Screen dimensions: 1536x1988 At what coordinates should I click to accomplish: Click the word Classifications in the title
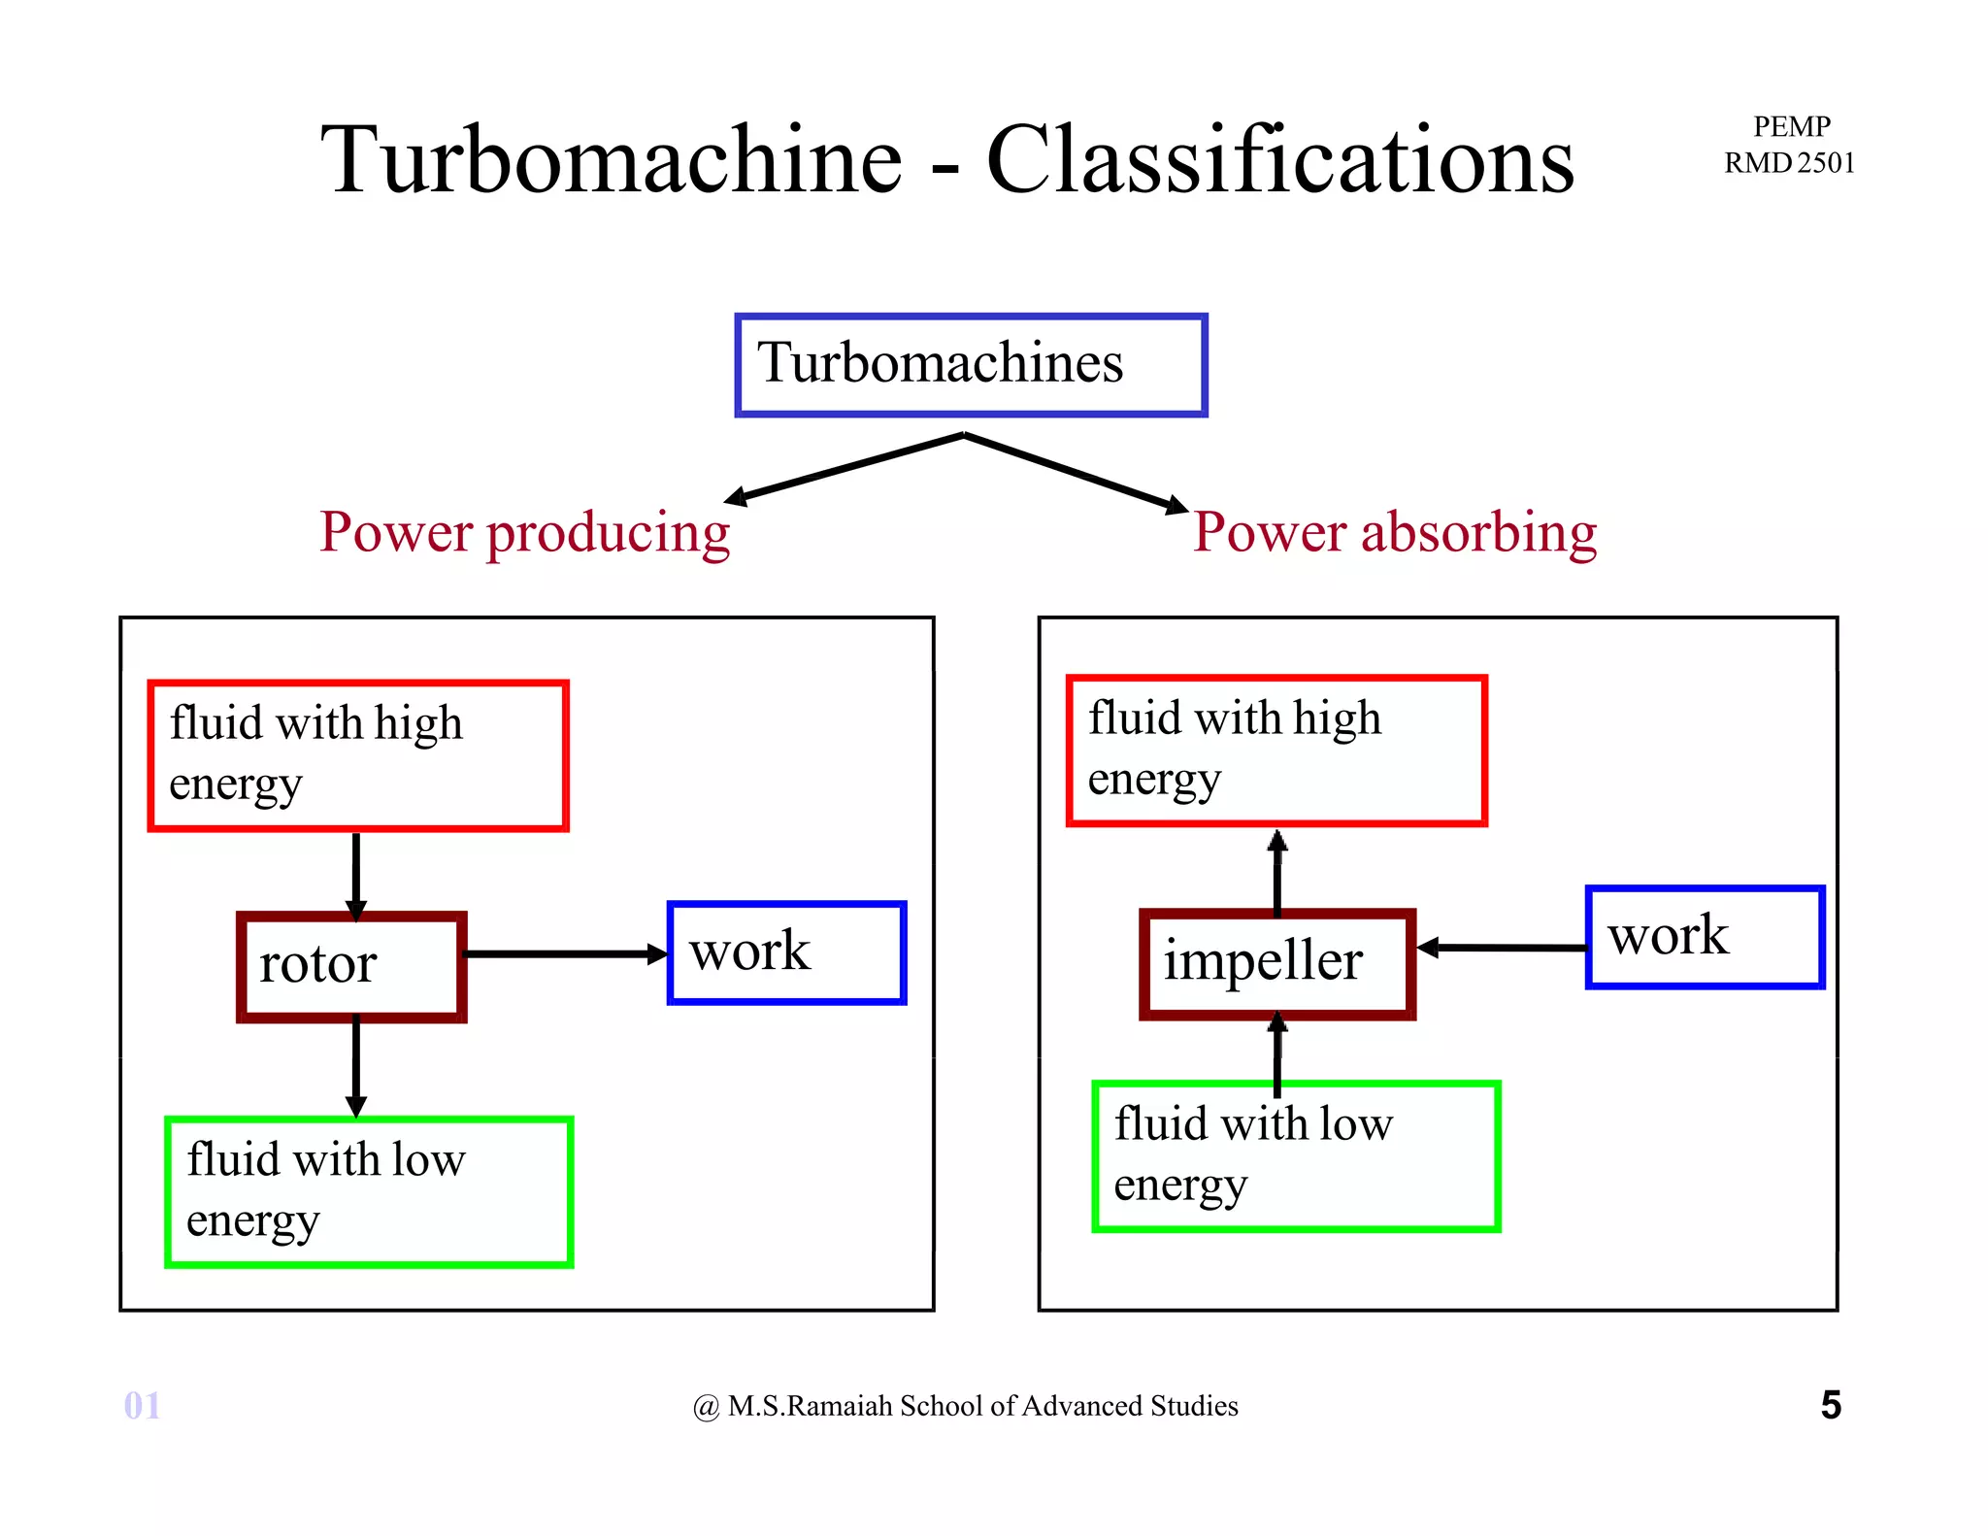pos(1279,160)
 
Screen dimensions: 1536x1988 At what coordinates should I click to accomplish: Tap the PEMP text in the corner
pos(1791,127)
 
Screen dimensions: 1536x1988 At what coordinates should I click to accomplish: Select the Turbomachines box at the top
pos(971,365)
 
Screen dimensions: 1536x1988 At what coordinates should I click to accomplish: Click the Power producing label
pos(524,532)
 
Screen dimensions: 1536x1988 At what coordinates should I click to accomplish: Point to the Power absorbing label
pos(1395,532)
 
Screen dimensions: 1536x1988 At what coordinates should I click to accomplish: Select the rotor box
pos(351,966)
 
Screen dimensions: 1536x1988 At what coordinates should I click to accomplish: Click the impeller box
pos(1276,963)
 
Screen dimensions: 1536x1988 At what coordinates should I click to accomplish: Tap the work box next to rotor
pos(786,952)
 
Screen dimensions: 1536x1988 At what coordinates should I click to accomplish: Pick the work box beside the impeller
pos(1705,937)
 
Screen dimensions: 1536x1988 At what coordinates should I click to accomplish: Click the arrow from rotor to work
pos(563,953)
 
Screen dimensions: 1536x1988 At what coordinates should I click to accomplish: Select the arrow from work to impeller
pos(1503,947)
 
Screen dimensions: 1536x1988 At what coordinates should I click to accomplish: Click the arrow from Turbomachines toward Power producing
pos(845,469)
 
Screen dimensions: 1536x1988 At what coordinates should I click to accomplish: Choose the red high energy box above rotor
pos(357,755)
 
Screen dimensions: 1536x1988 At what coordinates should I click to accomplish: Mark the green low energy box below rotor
pos(369,1191)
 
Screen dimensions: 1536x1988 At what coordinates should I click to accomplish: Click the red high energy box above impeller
pos(1276,751)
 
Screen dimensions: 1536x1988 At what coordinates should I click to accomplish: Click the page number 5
pos(1831,1405)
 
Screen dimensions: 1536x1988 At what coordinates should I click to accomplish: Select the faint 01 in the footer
pos(142,1405)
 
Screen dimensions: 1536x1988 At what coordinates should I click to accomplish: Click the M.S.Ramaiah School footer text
pos(966,1406)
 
